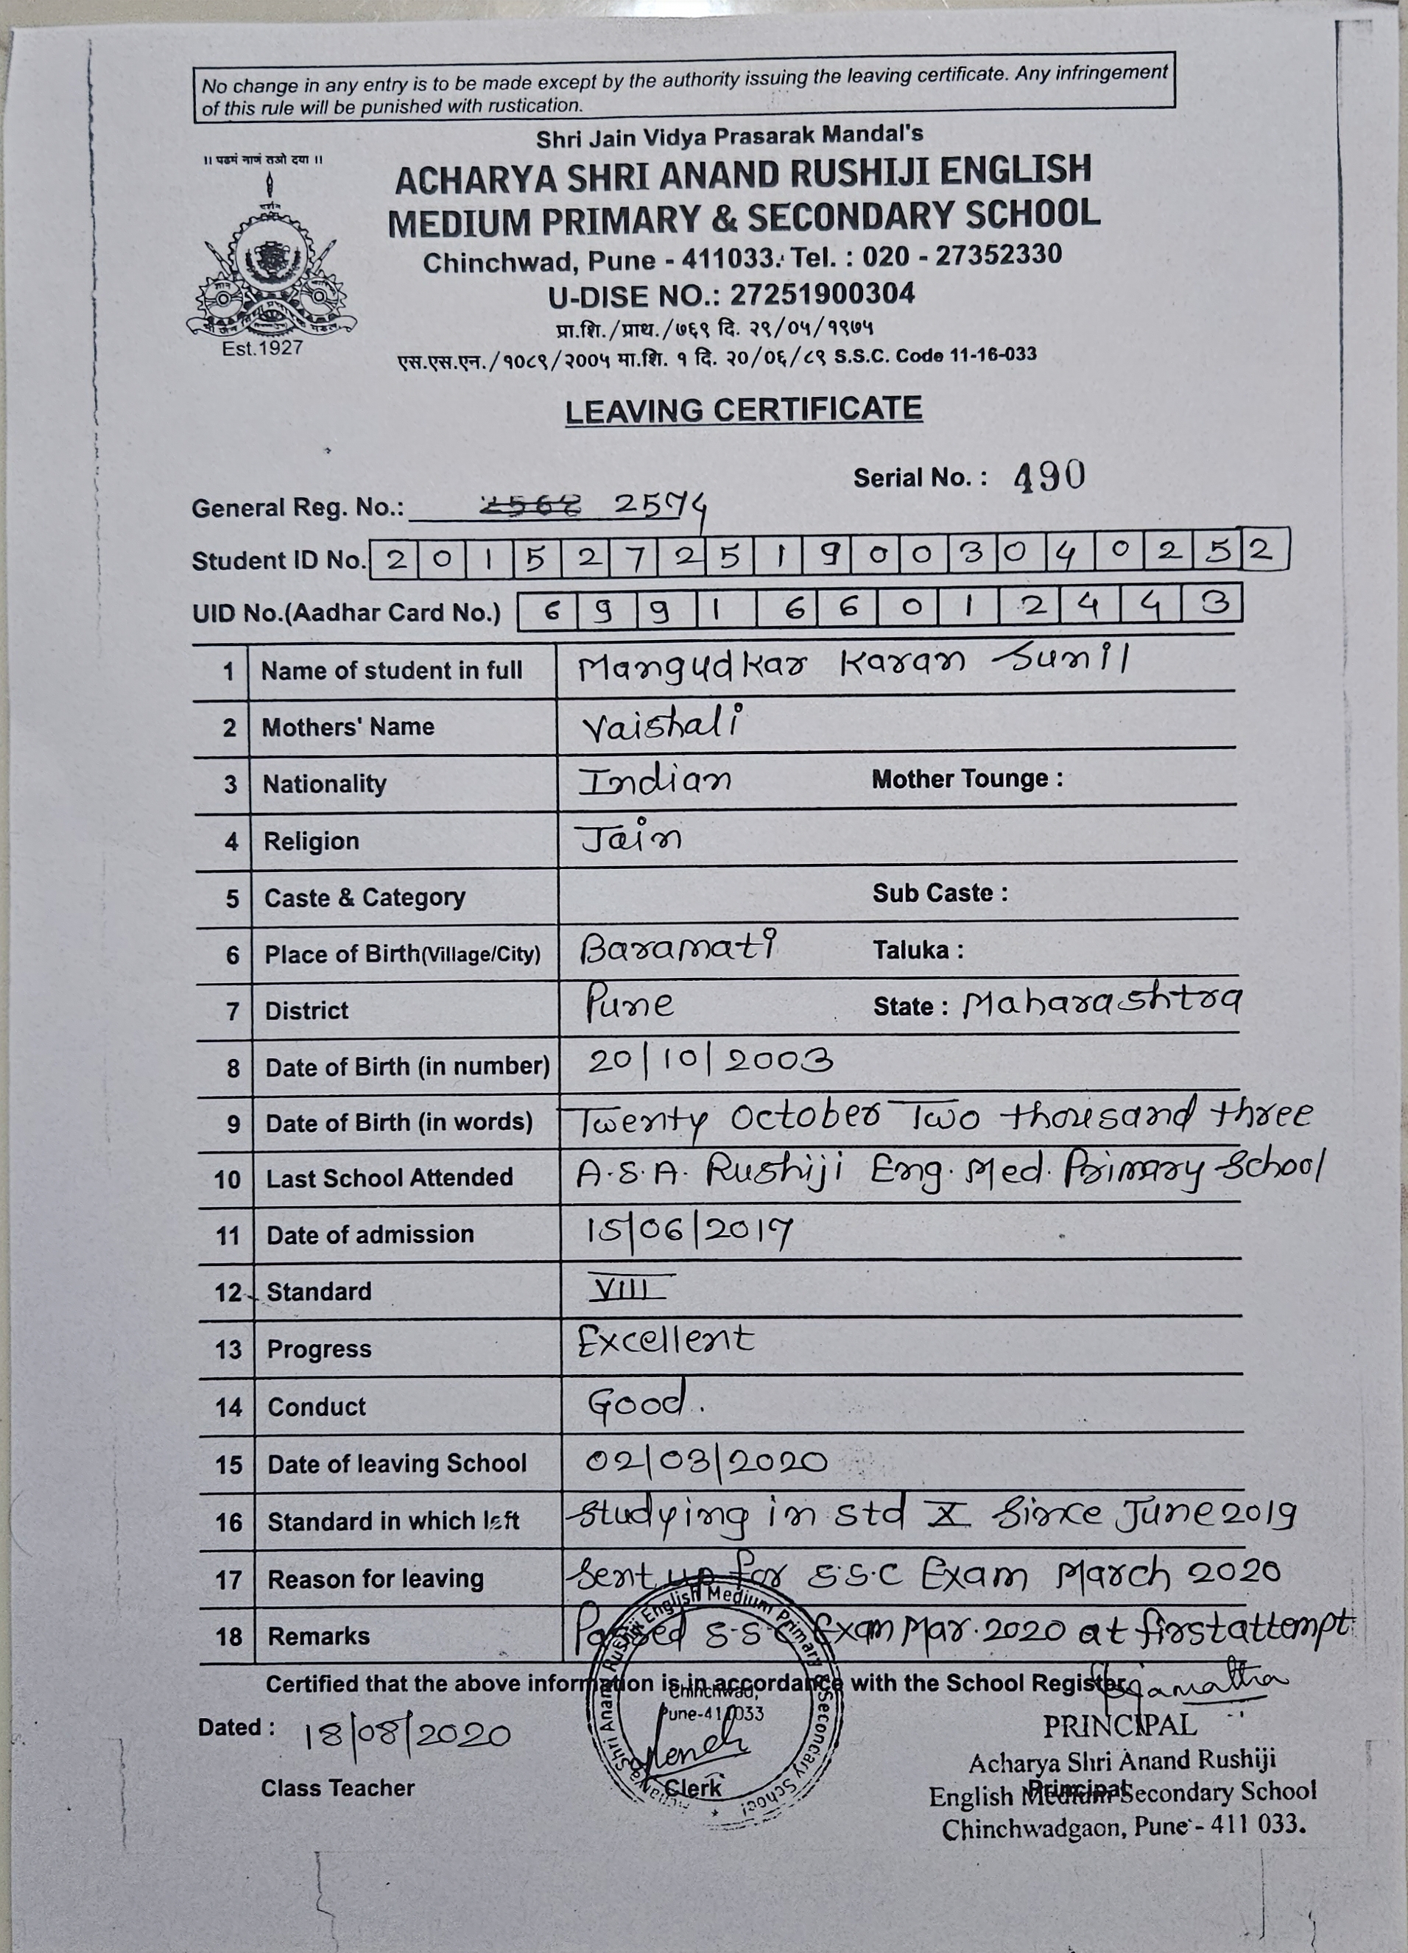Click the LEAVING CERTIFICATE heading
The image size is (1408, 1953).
pos(743,410)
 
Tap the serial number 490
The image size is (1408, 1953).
pos(1049,476)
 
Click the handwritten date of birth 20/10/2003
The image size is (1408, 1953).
pos(710,1061)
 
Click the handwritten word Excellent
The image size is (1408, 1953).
pos(665,1341)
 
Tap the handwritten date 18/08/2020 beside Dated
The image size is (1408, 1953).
pos(406,1734)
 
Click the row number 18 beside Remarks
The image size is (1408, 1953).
pos(229,1637)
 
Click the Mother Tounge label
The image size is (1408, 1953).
pos(966,779)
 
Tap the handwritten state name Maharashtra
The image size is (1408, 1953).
pos(1102,1002)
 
